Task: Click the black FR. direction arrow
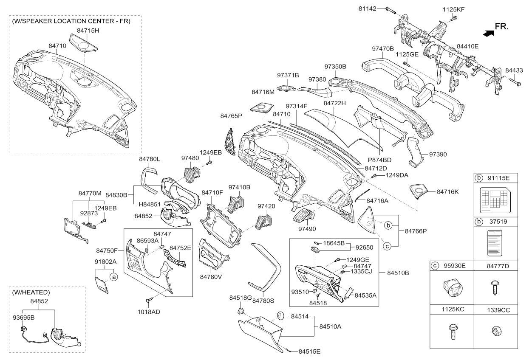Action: click(489, 34)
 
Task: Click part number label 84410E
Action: click(467, 46)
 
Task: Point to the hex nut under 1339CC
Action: click(496, 331)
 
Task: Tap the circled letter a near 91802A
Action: click(114, 277)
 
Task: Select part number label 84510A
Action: click(330, 326)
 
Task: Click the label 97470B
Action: click(383, 49)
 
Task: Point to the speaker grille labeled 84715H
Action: click(84, 42)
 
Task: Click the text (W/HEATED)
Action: click(31, 292)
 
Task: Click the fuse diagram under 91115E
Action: click(495, 200)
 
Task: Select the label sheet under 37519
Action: click(495, 243)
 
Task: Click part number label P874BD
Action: click(379, 160)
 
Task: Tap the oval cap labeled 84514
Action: click(280, 316)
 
